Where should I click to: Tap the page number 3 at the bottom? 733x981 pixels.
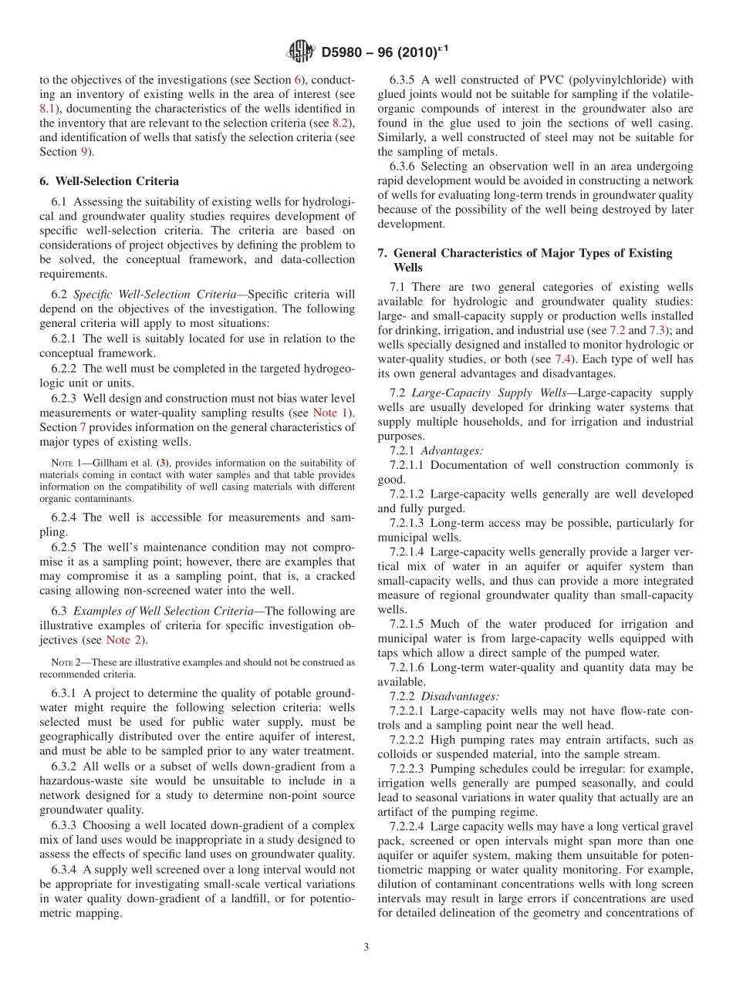click(366, 947)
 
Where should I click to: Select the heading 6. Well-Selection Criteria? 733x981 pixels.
click(109, 181)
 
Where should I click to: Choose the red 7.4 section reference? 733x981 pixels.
click(563, 359)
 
